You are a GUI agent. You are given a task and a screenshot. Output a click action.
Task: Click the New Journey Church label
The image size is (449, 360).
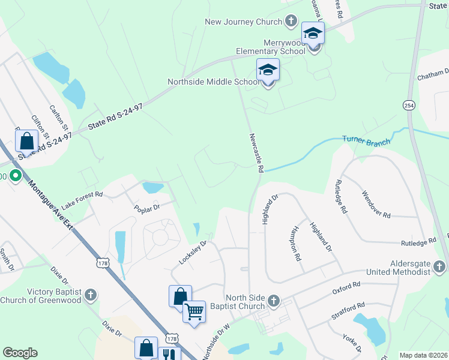(x=243, y=22)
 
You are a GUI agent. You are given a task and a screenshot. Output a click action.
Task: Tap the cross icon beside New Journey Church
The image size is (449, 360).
(x=291, y=22)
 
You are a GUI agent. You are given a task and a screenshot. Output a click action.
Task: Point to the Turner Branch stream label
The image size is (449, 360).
(x=366, y=142)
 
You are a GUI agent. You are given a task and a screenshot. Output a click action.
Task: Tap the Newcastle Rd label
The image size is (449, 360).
(x=256, y=153)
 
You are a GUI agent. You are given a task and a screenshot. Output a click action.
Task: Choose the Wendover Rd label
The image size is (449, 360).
(x=376, y=205)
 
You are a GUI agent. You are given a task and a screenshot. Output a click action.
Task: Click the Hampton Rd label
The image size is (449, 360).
(x=295, y=245)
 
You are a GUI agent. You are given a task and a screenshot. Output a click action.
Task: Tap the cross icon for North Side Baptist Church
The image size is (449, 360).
(x=274, y=299)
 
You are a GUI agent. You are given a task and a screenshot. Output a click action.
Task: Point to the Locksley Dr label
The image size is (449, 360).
(x=193, y=253)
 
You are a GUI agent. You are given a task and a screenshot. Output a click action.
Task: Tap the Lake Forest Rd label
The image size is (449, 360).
(x=82, y=196)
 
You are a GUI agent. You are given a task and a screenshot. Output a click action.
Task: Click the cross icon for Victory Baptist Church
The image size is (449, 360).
(x=90, y=295)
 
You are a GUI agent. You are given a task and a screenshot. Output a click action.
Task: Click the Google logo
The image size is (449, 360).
(x=20, y=353)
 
